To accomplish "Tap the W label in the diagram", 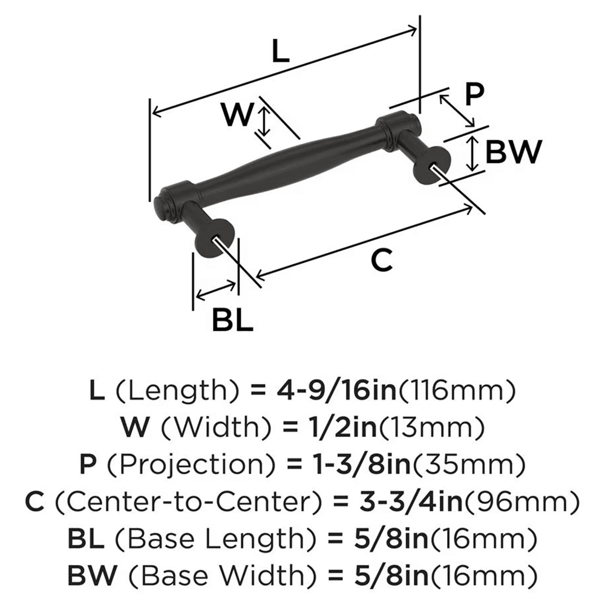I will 237,114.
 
